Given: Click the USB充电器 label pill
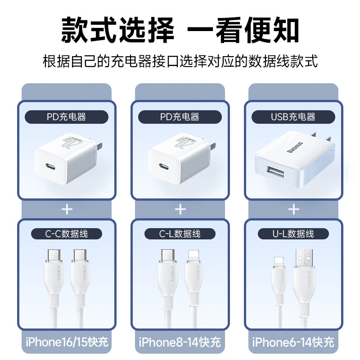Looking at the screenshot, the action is (293, 117).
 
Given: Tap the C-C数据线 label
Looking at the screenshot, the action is (67, 234).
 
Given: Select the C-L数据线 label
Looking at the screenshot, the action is (180, 234).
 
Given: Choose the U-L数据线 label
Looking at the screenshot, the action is (293, 234).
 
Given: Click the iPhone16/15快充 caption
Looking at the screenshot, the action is (67, 342).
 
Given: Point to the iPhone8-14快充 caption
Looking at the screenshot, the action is (180, 342).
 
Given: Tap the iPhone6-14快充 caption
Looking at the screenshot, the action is (293, 342).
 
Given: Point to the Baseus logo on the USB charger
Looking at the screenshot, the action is (295, 148).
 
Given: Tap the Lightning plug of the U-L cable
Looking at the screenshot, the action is (279, 262).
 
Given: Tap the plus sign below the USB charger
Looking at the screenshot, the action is (294, 209).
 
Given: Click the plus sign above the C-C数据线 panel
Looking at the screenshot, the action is (67, 209).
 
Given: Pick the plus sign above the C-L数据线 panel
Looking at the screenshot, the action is (180, 209).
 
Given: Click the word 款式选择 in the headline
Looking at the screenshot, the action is (117, 30).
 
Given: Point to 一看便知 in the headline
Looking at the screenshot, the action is (243, 30).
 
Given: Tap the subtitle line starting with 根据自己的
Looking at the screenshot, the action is (180, 61).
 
